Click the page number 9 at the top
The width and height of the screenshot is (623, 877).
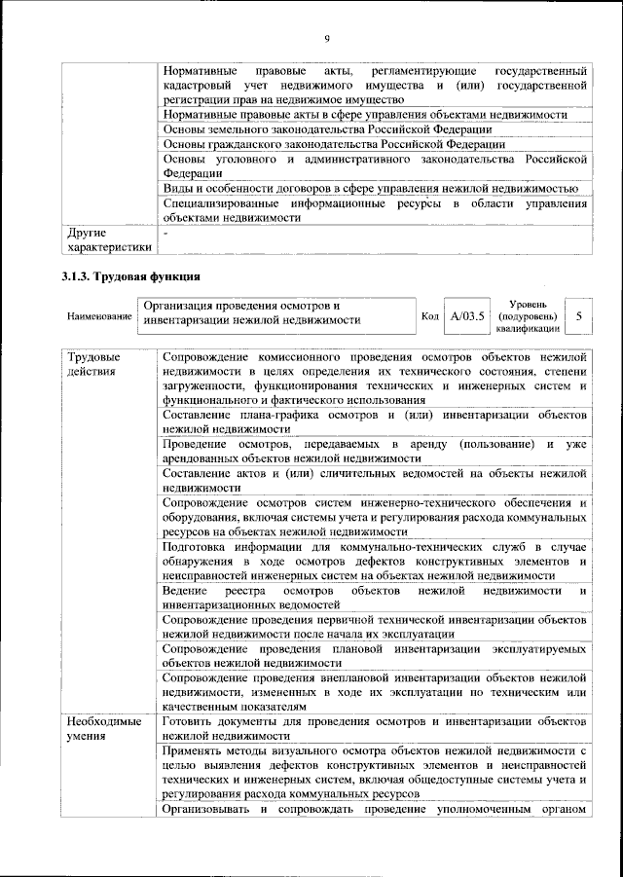(327, 38)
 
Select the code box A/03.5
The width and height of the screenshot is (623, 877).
(467, 316)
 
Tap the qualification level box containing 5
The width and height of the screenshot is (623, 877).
(579, 316)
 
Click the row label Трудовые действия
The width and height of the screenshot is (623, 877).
(94, 364)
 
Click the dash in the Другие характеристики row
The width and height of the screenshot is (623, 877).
(166, 234)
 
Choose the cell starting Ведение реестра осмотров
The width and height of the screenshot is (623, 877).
(374, 598)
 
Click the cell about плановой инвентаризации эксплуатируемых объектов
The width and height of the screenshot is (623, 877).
(374, 655)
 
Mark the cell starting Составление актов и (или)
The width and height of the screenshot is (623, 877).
(374, 481)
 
